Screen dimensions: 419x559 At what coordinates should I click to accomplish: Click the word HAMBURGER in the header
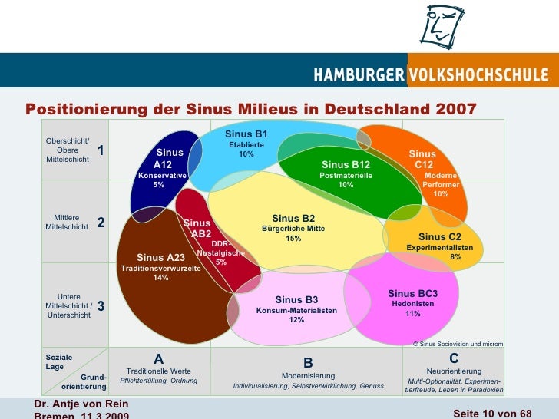pyautogui.click(x=359, y=75)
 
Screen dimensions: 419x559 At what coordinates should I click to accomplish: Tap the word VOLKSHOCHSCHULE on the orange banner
pyautogui.click(x=479, y=75)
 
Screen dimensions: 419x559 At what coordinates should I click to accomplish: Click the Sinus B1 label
pyautogui.click(x=246, y=135)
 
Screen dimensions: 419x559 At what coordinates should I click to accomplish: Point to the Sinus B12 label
pyautogui.click(x=346, y=164)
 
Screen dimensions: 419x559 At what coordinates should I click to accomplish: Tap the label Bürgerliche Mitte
pyautogui.click(x=293, y=229)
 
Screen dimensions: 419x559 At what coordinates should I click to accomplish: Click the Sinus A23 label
pyautogui.click(x=160, y=257)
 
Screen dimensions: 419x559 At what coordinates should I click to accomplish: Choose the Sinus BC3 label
pyautogui.click(x=412, y=293)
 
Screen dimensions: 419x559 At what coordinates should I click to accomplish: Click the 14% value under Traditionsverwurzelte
pyautogui.click(x=160, y=278)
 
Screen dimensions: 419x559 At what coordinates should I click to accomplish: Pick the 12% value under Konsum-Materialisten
pyautogui.click(x=296, y=320)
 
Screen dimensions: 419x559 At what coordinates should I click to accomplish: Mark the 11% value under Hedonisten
pyautogui.click(x=413, y=314)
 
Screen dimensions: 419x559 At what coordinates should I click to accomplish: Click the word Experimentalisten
pyautogui.click(x=439, y=248)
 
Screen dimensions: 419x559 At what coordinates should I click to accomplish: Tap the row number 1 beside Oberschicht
pyautogui.click(x=101, y=151)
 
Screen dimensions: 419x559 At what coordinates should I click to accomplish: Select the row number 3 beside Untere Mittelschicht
pyautogui.click(x=101, y=305)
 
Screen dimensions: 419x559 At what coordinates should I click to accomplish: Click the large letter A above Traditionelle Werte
pyautogui.click(x=159, y=358)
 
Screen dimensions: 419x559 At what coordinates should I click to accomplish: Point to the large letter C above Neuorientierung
pyautogui.click(x=454, y=358)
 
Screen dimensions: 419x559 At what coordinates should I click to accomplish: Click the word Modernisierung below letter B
pyautogui.click(x=308, y=375)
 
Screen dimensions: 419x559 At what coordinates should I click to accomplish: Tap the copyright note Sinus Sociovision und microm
pyautogui.click(x=458, y=344)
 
